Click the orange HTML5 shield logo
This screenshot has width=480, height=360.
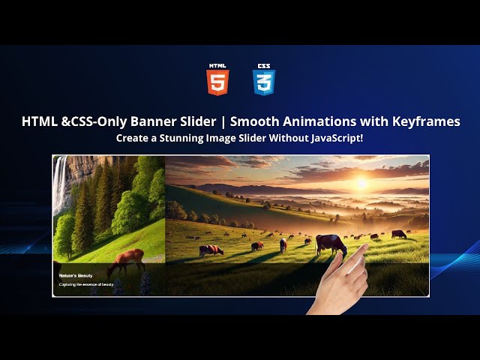[x=218, y=79]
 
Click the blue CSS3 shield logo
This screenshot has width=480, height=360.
[x=264, y=79]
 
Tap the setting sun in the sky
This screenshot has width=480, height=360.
[x=361, y=182]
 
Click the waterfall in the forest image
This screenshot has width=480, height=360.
[x=58, y=184]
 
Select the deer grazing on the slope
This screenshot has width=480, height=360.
[x=125, y=260]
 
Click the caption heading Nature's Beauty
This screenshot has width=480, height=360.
[x=76, y=276]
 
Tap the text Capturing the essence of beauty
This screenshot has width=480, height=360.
[x=86, y=284]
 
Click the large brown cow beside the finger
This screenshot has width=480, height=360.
[x=331, y=242]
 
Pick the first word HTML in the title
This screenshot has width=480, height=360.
[x=40, y=121]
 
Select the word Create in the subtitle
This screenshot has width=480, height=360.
[x=132, y=139]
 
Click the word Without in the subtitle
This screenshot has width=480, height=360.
[x=283, y=139]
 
